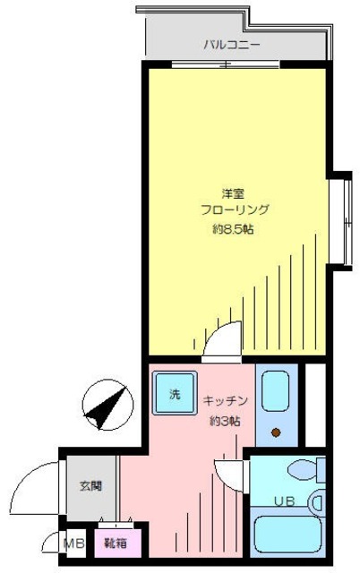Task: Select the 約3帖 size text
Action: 225,420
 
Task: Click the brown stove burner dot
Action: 276,433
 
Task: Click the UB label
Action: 284,500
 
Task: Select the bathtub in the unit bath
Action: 287,535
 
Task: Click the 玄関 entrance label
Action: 90,486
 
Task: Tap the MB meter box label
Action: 72,542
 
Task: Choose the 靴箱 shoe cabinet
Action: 114,543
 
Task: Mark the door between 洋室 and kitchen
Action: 220,343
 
